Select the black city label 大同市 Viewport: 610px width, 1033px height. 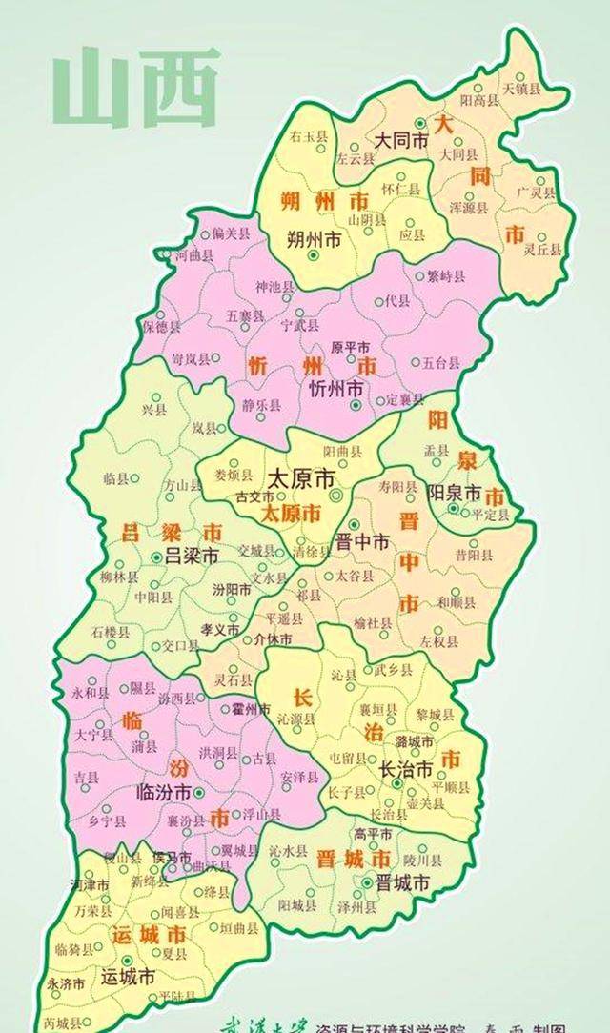(398, 139)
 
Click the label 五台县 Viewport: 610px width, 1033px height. (441, 362)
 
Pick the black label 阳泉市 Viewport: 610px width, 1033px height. (453, 493)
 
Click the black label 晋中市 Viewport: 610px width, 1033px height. (363, 541)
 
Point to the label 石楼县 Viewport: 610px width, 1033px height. (111, 631)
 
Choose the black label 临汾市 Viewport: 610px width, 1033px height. (165, 791)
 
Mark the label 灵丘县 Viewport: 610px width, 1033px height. (541, 251)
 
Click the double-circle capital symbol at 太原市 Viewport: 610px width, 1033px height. (335, 496)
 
